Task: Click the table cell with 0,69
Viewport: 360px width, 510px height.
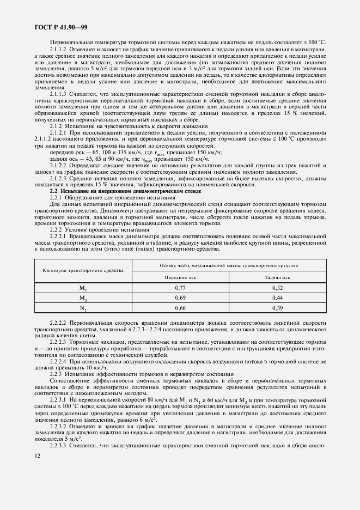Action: coord(181,298)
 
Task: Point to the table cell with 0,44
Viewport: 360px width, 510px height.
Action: coord(278,298)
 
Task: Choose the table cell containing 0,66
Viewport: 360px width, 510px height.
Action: coord(181,308)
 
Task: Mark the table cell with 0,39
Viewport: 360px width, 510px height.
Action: coord(278,308)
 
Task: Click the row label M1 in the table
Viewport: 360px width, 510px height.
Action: coord(83,287)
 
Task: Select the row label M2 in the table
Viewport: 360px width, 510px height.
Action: coord(83,298)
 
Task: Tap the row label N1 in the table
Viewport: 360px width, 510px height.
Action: coord(83,309)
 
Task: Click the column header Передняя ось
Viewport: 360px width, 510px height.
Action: coord(181,277)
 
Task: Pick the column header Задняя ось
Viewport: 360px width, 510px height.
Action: coord(278,277)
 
